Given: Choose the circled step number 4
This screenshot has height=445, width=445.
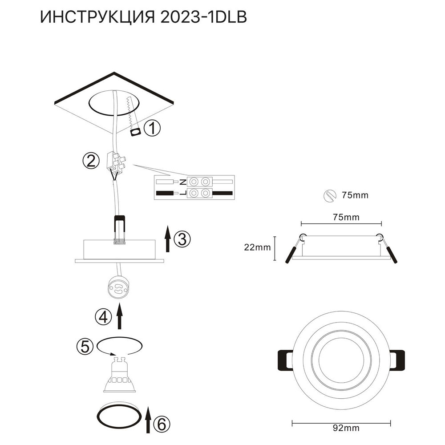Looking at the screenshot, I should [102, 317].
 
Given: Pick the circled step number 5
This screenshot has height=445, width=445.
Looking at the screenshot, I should [85, 346].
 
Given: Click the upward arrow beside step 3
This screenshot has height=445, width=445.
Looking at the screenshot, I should [167, 239].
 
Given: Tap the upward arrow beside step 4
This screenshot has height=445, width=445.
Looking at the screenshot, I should [119, 317].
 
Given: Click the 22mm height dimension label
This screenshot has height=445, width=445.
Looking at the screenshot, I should [258, 248].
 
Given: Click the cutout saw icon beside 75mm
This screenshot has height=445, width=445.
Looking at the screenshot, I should [329, 195].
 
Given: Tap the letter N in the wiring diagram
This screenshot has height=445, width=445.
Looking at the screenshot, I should [183, 182].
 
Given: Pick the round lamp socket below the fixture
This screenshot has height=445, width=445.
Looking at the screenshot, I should [119, 288].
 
